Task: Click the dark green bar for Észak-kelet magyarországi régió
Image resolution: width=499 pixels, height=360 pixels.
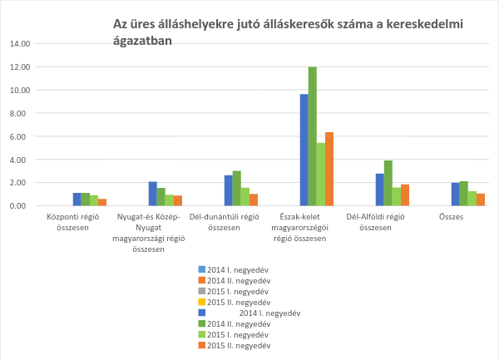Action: tap(313, 136)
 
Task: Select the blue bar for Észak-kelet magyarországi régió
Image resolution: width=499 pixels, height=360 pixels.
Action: tap(304, 150)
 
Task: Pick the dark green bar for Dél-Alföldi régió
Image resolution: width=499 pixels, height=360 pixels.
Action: tap(388, 183)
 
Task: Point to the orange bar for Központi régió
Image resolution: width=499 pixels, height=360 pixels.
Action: tap(102, 202)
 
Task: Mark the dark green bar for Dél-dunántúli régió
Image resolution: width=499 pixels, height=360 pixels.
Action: tap(237, 188)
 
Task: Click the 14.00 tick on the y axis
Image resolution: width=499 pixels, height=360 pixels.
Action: tap(21, 43)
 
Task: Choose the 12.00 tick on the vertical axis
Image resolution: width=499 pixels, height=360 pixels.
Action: tap(21, 67)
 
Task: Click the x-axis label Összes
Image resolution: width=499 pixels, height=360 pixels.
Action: tap(451, 217)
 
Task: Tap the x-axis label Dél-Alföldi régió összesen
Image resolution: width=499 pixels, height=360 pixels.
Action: tap(375, 222)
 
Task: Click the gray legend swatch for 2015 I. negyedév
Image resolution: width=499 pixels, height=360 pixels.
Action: tap(201, 292)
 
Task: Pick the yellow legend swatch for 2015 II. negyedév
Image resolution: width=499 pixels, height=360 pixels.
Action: tap(201, 303)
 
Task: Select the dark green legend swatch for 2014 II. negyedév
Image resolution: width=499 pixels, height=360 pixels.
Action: tap(201, 323)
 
